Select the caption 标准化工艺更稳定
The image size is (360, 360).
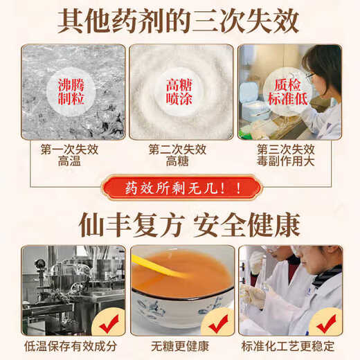point(289,346)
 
